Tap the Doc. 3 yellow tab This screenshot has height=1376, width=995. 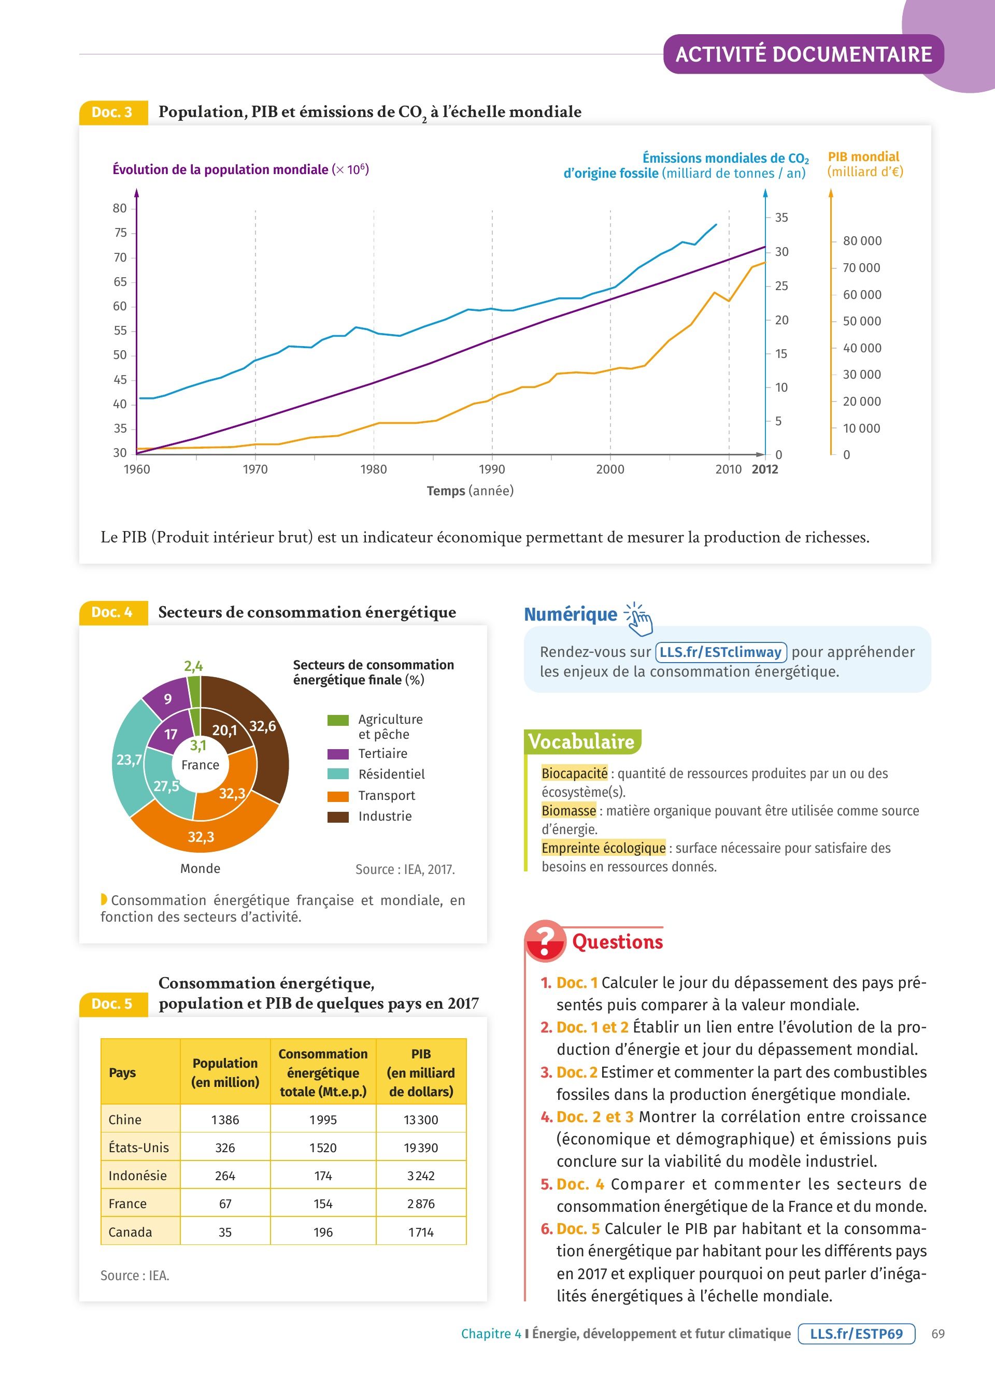pos(113,112)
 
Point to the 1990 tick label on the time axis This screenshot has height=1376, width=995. pos(491,469)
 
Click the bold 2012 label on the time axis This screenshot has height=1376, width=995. pos(764,469)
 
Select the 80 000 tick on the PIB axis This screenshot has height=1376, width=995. pos(861,241)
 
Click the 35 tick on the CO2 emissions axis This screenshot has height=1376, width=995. pos(781,218)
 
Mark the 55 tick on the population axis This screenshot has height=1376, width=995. pos(120,331)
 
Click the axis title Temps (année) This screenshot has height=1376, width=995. pos(470,491)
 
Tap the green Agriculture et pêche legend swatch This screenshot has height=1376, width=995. pos(338,720)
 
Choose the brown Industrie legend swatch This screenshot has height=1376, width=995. pos(338,816)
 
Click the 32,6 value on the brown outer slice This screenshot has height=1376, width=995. pos(263,726)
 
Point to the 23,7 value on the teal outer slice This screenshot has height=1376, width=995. pos(129,759)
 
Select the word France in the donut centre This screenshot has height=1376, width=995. pos(200,765)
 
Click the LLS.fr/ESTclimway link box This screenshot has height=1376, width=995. pos(721,652)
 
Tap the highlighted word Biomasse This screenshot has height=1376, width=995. pos(568,811)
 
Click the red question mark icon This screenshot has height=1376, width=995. pos(544,941)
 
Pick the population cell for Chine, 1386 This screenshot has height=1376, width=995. pos(225,1120)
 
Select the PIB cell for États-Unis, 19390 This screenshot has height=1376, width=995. pos(421,1148)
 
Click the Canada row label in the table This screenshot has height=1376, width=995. pos(131,1231)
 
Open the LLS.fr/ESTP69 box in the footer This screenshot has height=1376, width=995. pos(856,1334)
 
